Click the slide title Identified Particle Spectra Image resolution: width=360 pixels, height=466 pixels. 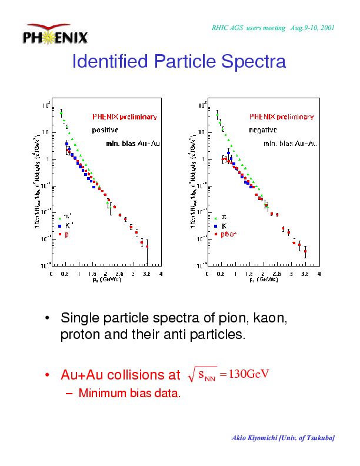click(x=179, y=61)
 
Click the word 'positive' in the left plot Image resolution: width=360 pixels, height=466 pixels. click(x=105, y=129)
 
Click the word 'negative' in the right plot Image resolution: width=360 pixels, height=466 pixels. click(x=263, y=129)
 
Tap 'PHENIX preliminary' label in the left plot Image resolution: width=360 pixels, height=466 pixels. click(x=124, y=116)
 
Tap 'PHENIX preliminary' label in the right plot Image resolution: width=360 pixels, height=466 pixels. click(x=281, y=116)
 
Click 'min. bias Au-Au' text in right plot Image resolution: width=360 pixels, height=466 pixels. click(x=291, y=143)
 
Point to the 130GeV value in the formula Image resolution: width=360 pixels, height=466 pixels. click(x=248, y=374)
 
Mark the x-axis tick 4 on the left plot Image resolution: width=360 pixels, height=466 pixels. click(x=161, y=274)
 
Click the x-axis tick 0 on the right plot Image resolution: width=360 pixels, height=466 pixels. click(x=209, y=274)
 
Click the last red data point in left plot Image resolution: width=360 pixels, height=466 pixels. click(x=147, y=247)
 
